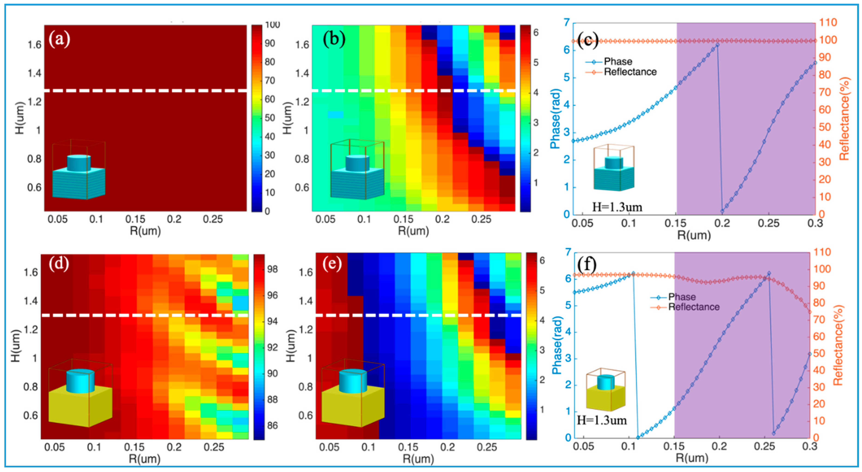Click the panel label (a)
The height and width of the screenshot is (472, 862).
point(60,40)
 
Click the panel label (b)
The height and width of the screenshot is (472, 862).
point(334,40)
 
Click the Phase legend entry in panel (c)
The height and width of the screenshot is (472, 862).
point(618,61)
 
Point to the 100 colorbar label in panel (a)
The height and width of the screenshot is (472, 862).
point(272,25)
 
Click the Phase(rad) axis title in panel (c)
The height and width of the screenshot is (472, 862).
point(556,119)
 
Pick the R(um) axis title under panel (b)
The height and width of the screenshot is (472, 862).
point(413,231)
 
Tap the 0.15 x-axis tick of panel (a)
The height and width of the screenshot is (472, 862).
point(135,219)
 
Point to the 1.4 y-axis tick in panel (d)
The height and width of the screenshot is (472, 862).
point(31,301)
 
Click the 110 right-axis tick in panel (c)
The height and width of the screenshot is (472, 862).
point(828,22)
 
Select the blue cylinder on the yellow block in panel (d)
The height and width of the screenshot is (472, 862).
point(80,381)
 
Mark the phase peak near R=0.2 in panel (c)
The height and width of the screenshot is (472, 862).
point(717,45)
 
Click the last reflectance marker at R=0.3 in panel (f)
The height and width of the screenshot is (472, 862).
point(810,312)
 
